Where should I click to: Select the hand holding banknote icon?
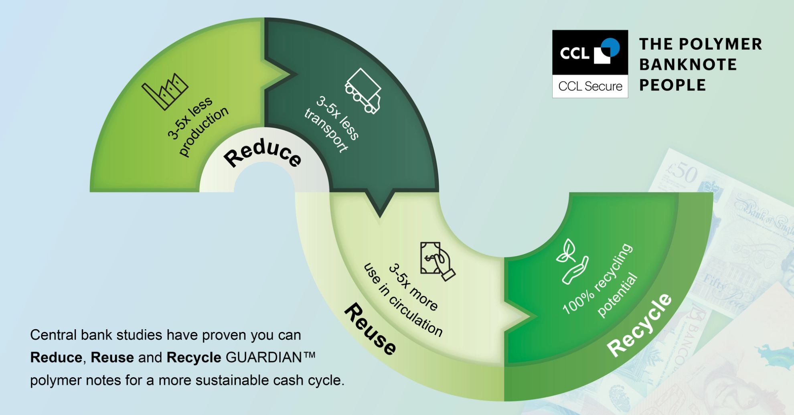coord(437,261)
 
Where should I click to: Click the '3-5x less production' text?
coord(196,124)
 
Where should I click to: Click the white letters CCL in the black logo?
coord(574,53)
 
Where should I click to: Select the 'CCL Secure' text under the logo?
coord(590,86)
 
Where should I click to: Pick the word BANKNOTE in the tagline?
coord(688,65)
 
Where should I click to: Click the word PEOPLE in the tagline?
coord(672,85)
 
